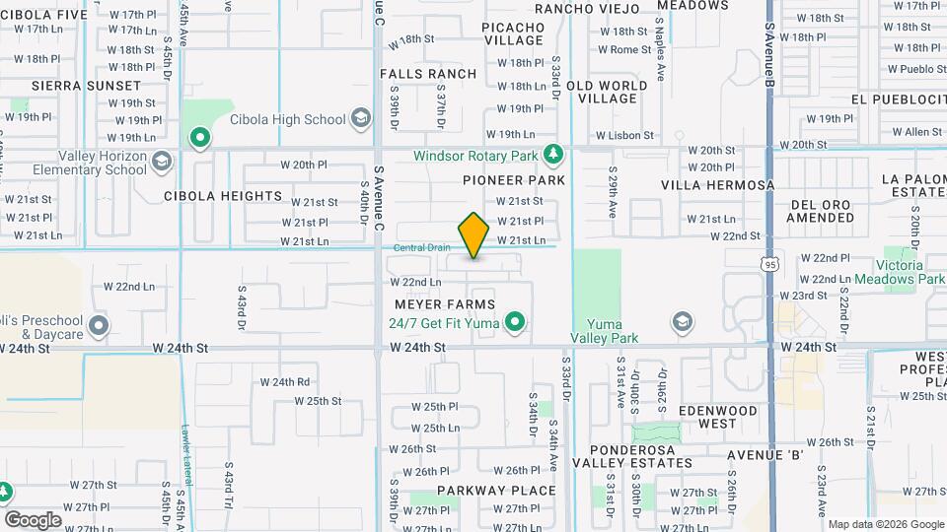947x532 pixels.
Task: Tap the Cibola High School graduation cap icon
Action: tap(361, 119)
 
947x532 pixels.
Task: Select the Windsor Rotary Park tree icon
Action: tap(553, 155)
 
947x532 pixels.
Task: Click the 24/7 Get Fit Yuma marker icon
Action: tap(514, 321)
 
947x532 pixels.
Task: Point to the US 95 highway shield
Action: tap(769, 263)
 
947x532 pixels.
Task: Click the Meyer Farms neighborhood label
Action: tap(444, 304)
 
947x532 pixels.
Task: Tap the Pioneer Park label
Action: tap(513, 180)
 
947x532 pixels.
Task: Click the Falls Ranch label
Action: tap(427, 74)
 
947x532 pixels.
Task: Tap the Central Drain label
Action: tap(421, 247)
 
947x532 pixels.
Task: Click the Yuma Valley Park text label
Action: tap(606, 331)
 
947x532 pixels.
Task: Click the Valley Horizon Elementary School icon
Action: tap(161, 158)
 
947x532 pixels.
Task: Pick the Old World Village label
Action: tap(607, 92)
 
